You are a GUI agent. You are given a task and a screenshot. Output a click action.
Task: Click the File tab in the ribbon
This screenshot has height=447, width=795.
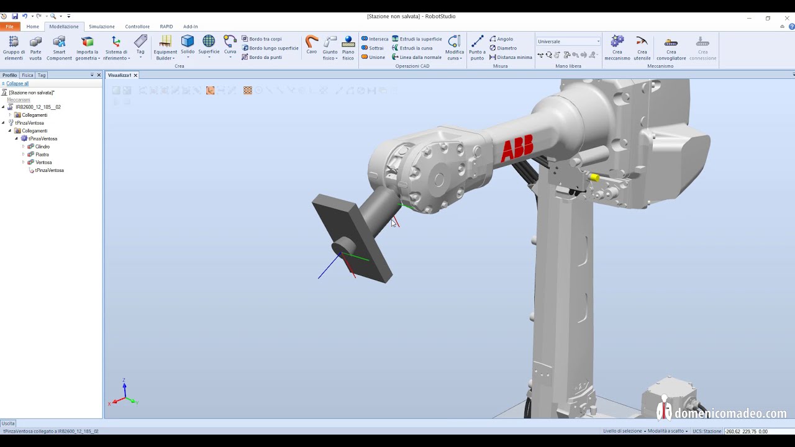[x=9, y=27]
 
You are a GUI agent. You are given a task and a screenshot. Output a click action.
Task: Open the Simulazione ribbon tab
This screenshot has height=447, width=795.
[x=101, y=27]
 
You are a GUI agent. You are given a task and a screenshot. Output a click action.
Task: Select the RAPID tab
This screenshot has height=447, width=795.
[x=166, y=27]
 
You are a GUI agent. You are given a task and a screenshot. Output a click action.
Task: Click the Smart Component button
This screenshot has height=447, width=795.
[x=59, y=48]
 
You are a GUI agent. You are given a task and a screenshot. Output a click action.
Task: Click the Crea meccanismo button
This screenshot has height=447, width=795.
[x=617, y=48]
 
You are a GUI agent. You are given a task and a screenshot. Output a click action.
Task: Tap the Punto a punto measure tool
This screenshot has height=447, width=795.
[x=477, y=48]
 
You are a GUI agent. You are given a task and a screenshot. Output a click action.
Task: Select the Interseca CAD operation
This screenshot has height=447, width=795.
[x=375, y=38]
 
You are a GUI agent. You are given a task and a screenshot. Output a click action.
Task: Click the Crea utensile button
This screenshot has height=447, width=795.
[x=642, y=48]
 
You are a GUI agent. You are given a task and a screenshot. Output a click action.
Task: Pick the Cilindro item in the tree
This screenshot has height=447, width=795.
[x=42, y=147]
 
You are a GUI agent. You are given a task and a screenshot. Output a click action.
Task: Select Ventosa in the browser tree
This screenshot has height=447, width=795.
[x=43, y=163]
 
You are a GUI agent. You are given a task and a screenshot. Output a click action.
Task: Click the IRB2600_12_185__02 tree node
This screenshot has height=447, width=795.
[x=38, y=107]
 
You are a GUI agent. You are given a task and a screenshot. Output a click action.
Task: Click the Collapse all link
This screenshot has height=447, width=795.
[x=17, y=83]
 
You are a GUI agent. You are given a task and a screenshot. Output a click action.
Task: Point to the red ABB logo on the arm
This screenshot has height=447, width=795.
[x=517, y=150]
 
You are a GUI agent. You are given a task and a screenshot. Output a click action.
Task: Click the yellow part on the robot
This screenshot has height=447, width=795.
[x=594, y=178]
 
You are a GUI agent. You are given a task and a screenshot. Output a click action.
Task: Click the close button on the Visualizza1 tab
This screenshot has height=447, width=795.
[x=135, y=75]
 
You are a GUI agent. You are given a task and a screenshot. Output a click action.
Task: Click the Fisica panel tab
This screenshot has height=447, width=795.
[x=27, y=75]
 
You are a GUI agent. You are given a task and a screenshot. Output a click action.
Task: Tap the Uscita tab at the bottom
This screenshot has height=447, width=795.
[x=8, y=423]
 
